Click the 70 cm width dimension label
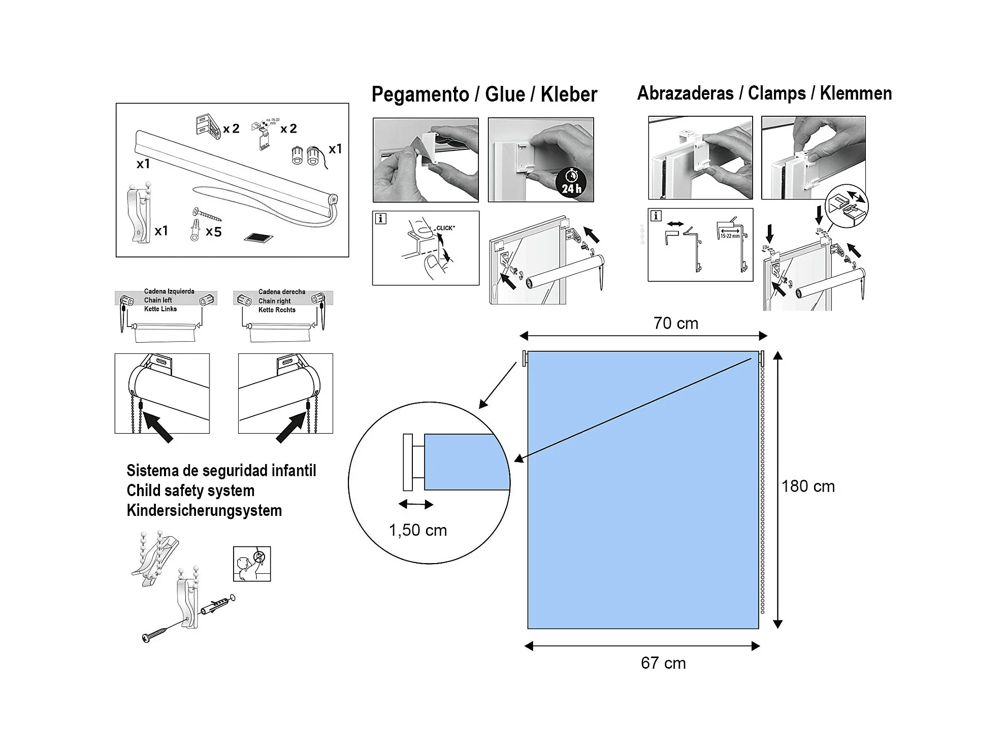[x=675, y=323]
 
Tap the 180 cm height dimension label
[x=807, y=486]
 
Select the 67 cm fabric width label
[x=663, y=663]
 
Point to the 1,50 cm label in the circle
[x=417, y=530]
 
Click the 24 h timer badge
[x=571, y=183]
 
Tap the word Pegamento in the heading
[x=420, y=95]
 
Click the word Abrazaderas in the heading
[x=685, y=93]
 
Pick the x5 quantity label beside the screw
[x=213, y=232]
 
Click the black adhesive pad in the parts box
[x=258, y=237]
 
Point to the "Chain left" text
[x=158, y=300]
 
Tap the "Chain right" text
[x=274, y=301]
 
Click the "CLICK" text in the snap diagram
[x=445, y=228]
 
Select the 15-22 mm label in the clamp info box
[x=730, y=236]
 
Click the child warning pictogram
[x=252, y=564]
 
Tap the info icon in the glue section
[x=380, y=219]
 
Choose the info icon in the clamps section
[x=656, y=216]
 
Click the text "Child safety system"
[x=190, y=490]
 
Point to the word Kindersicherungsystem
[x=204, y=510]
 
